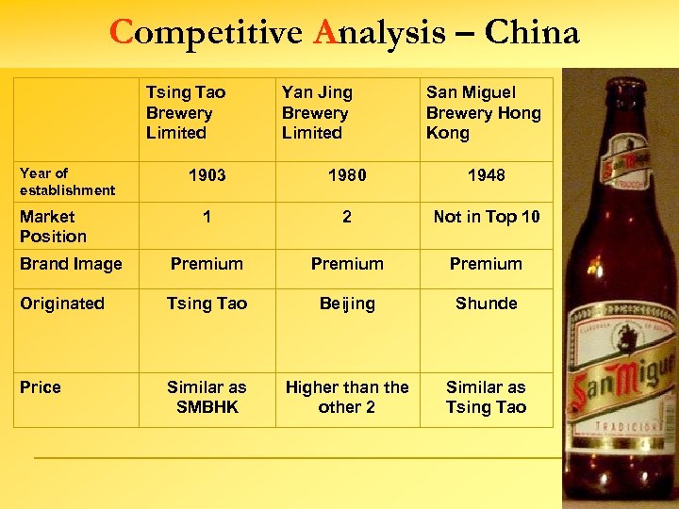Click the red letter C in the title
[121, 33]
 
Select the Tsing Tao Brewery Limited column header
[185, 113]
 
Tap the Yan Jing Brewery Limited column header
[317, 113]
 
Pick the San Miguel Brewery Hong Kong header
[483, 113]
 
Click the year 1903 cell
[207, 175]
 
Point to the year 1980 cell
[347, 175]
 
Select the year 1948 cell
[486, 175]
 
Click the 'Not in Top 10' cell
[486, 217]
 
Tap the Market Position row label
[53, 226]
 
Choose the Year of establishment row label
[67, 181]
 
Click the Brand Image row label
[71, 264]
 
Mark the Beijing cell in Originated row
[347, 304]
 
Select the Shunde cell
[486, 304]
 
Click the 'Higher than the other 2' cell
[347, 397]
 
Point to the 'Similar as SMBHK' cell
[207, 397]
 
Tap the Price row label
[41, 387]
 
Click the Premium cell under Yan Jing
[347, 264]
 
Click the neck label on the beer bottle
[627, 174]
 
